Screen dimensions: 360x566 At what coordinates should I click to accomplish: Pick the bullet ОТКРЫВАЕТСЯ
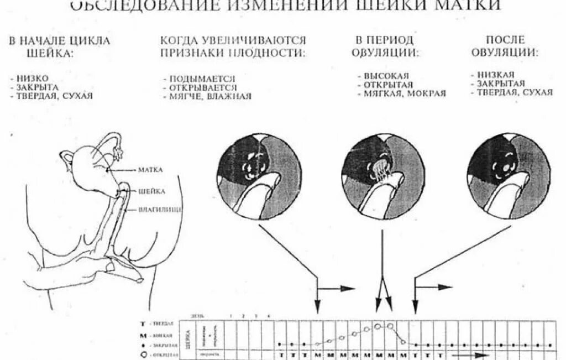[x=203, y=88]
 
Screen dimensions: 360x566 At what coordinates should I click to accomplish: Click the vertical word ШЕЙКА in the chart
[x=190, y=335]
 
